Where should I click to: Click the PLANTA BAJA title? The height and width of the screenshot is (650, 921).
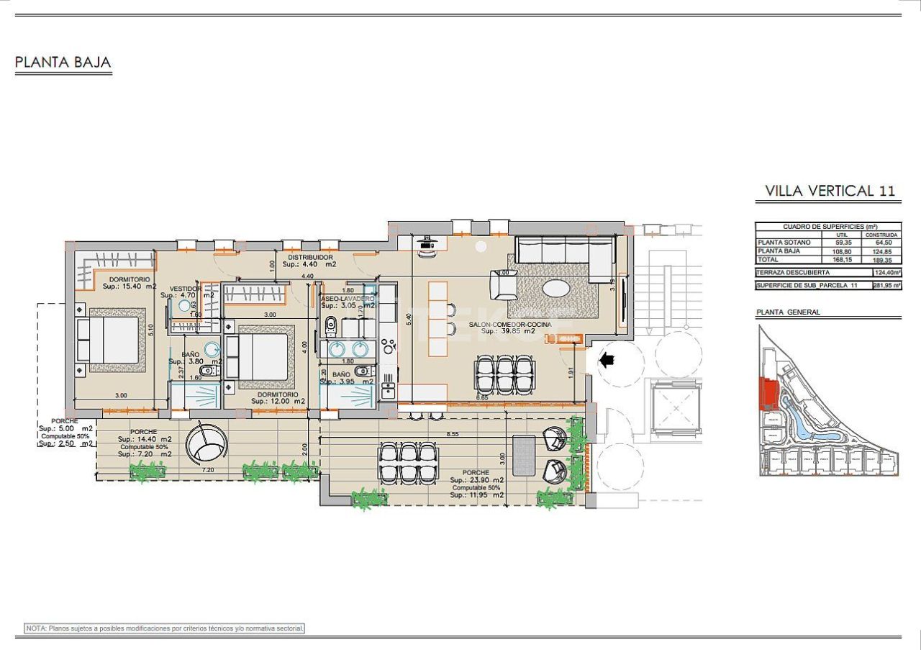pyautogui.click(x=63, y=63)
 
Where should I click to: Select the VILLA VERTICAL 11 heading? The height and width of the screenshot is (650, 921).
pyautogui.click(x=830, y=191)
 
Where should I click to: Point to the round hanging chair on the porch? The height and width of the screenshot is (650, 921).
pyautogui.click(x=207, y=444)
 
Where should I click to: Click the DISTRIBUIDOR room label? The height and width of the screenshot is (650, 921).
pyautogui.click(x=309, y=257)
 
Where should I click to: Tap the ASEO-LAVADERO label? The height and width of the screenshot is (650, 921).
pyautogui.click(x=348, y=298)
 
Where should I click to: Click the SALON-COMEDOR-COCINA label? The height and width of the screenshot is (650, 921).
pyautogui.click(x=510, y=325)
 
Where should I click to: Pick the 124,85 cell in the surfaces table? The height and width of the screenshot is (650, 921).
pyautogui.click(x=881, y=251)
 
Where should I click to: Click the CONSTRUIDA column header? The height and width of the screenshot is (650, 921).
pyautogui.click(x=881, y=235)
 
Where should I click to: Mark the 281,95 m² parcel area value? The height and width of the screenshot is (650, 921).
pyautogui.click(x=881, y=286)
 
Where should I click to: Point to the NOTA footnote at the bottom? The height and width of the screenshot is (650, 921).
pyautogui.click(x=165, y=628)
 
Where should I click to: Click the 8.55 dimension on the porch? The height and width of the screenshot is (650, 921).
pyautogui.click(x=453, y=435)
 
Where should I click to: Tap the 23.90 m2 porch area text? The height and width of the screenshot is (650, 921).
pyautogui.click(x=476, y=480)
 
